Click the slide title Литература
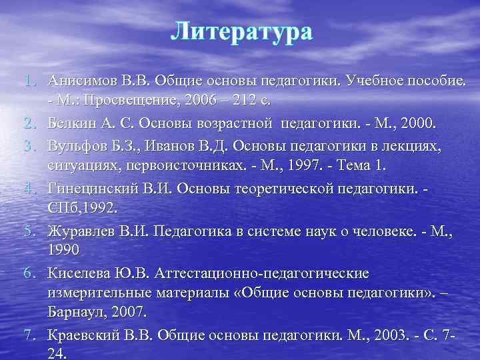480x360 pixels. tap(241, 31)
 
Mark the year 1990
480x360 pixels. tap(63, 251)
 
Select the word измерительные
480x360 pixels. tap(101, 292)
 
